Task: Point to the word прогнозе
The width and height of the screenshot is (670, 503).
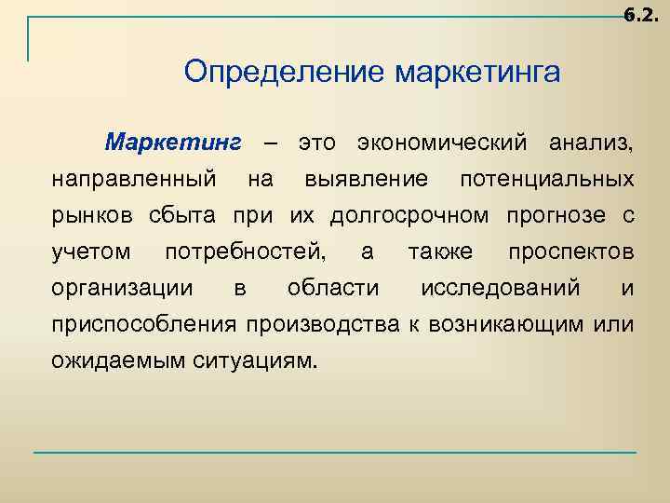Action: click(x=555, y=216)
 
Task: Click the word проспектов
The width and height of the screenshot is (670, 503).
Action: click(x=571, y=252)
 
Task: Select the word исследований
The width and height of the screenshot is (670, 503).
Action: click(x=500, y=288)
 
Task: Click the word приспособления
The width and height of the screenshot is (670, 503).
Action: click(x=145, y=324)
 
